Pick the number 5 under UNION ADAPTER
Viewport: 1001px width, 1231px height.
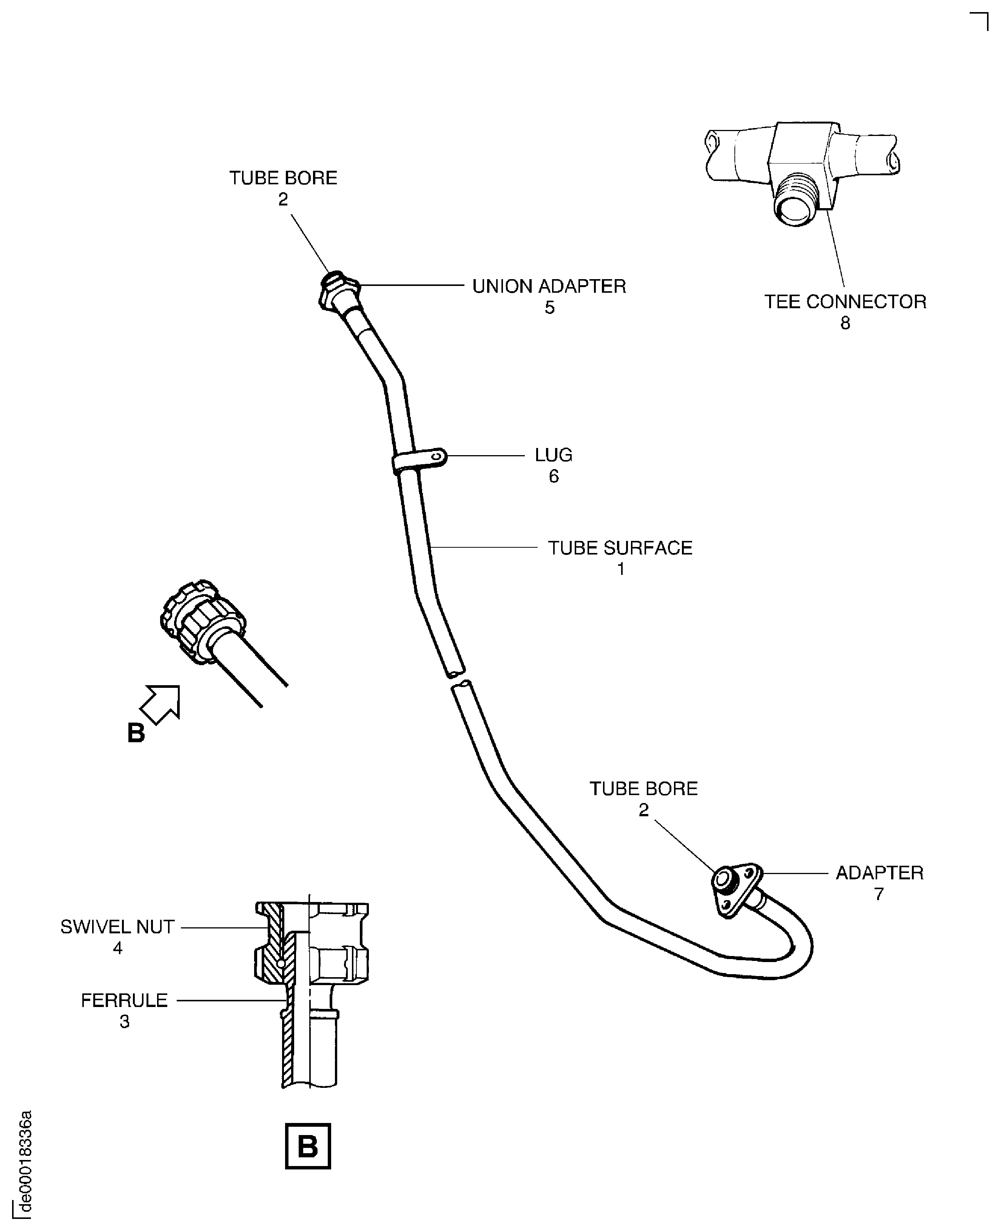(549, 308)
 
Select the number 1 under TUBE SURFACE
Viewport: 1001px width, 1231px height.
(620, 569)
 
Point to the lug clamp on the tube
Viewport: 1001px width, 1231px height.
(420, 460)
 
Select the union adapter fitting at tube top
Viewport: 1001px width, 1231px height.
(339, 291)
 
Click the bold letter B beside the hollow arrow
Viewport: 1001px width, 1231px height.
(136, 733)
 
